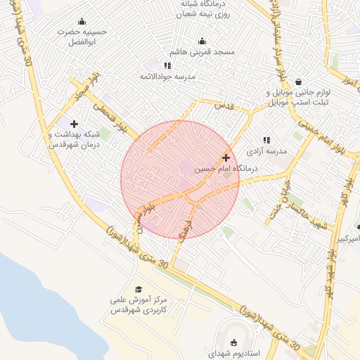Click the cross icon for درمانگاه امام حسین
(226, 157)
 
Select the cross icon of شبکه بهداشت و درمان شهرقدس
(74, 124)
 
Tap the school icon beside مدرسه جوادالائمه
(167, 65)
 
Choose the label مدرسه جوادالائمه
(167, 76)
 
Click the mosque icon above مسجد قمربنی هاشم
(202, 41)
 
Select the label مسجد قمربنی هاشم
(202, 52)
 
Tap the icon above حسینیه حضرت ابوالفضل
(82, 21)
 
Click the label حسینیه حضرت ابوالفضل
(83, 37)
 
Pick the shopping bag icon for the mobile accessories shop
(299, 82)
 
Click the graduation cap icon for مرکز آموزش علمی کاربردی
(139, 289)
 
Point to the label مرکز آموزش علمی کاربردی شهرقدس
(139, 304)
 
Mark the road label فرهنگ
(185, 228)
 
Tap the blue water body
(28, 295)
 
